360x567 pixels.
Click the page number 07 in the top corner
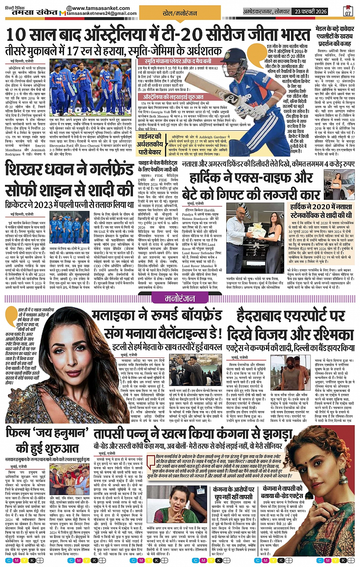pyautogui.click(x=347, y=12)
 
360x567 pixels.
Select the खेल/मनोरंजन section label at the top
pyautogui.click(x=185, y=13)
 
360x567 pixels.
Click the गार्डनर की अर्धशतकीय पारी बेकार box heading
pyautogui.click(x=150, y=145)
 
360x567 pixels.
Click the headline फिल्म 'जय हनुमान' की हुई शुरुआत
pyautogui.click(x=46, y=440)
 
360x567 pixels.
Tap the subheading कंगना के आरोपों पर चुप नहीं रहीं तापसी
pyautogui.click(x=234, y=493)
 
